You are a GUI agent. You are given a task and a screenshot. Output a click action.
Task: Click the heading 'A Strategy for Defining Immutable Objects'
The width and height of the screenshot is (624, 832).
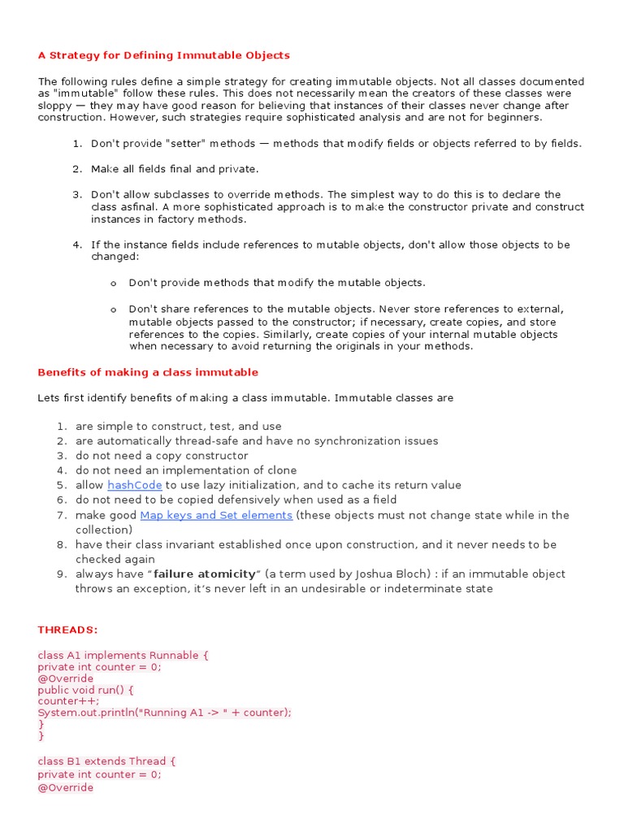[163, 55]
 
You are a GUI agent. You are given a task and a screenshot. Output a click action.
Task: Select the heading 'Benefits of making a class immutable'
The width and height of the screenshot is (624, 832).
[148, 372]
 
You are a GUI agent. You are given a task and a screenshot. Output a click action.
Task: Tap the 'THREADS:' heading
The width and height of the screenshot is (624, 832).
[67, 630]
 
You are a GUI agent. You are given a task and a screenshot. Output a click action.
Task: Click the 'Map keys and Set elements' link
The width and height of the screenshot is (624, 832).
[216, 515]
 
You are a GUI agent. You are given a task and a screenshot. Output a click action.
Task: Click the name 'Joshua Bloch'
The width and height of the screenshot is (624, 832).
[367, 574]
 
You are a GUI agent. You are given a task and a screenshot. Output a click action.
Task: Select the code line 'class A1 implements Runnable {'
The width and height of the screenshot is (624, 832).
[123, 655]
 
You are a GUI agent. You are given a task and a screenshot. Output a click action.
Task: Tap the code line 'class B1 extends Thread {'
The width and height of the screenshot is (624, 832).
[106, 761]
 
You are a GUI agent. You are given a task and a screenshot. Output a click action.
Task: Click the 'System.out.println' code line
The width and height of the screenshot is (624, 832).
[164, 712]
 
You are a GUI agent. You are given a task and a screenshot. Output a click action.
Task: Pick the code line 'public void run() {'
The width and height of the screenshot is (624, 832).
[85, 690]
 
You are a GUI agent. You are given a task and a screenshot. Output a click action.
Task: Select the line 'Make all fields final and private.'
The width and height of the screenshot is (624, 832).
[175, 169]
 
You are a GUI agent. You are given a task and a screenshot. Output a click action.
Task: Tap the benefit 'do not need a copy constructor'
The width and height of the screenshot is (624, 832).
[162, 456]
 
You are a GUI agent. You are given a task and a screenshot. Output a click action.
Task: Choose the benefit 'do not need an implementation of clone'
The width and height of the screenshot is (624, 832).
[186, 470]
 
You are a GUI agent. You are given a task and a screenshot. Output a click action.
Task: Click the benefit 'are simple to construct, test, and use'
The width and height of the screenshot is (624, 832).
[179, 427]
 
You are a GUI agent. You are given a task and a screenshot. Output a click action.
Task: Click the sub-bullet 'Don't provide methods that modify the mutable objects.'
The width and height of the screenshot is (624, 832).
[276, 283]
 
